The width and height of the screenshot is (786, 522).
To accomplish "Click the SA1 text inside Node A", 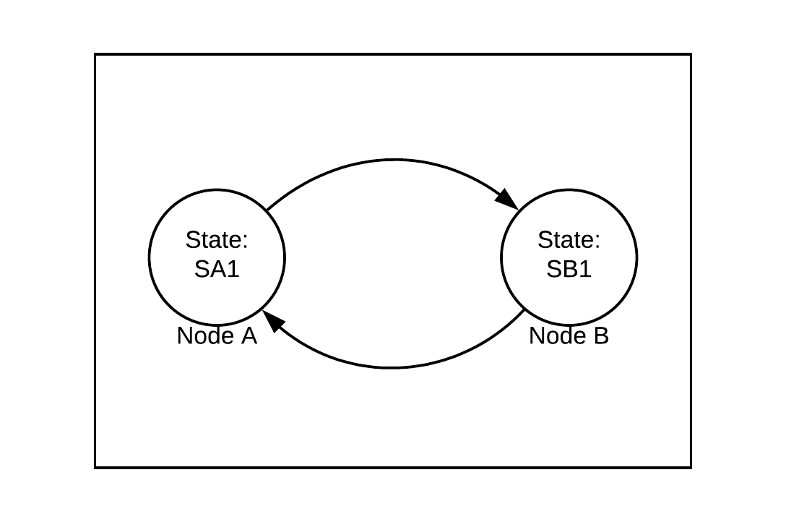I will [217, 269].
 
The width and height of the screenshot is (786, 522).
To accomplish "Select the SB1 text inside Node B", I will [569, 269].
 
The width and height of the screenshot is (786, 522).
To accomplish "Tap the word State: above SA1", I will [217, 239].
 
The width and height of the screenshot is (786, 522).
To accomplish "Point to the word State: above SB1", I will [569, 239].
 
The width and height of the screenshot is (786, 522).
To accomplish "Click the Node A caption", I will [217, 336].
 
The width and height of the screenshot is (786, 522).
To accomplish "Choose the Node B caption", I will [569, 336].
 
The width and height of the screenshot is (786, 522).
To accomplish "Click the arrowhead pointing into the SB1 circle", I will [508, 199].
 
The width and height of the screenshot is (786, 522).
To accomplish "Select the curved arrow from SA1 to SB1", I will [393, 160].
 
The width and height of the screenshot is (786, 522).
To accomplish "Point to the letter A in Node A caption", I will [249, 336].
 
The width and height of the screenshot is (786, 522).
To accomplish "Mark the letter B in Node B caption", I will [601, 336].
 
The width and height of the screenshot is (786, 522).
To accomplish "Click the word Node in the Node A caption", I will [202, 336].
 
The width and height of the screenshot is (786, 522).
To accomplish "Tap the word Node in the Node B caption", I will [554, 336].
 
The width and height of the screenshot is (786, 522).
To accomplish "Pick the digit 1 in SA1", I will [233, 269].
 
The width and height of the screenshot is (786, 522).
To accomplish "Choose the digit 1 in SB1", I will [585, 269].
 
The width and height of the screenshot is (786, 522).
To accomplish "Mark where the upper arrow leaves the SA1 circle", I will [267, 210].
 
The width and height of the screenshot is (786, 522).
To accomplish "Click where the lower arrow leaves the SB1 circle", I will [524, 309].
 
